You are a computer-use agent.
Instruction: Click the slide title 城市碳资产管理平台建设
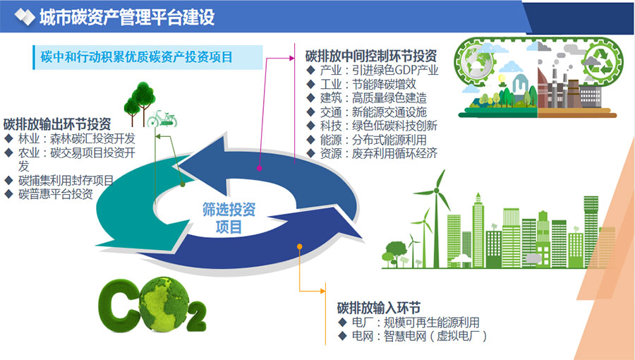127,17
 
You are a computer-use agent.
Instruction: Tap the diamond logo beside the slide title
24,17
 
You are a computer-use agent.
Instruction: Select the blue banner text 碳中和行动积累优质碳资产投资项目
136,56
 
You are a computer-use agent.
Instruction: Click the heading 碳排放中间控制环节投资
371,56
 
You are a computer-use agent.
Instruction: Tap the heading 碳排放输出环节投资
57,124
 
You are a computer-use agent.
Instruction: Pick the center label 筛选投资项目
229,218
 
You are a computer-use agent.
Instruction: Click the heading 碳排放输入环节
379,308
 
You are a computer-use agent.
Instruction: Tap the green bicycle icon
162,119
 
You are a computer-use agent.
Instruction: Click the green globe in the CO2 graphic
164,304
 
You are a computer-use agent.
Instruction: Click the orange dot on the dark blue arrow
299,246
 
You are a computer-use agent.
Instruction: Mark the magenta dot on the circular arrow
259,168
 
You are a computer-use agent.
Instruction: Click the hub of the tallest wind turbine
436,191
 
